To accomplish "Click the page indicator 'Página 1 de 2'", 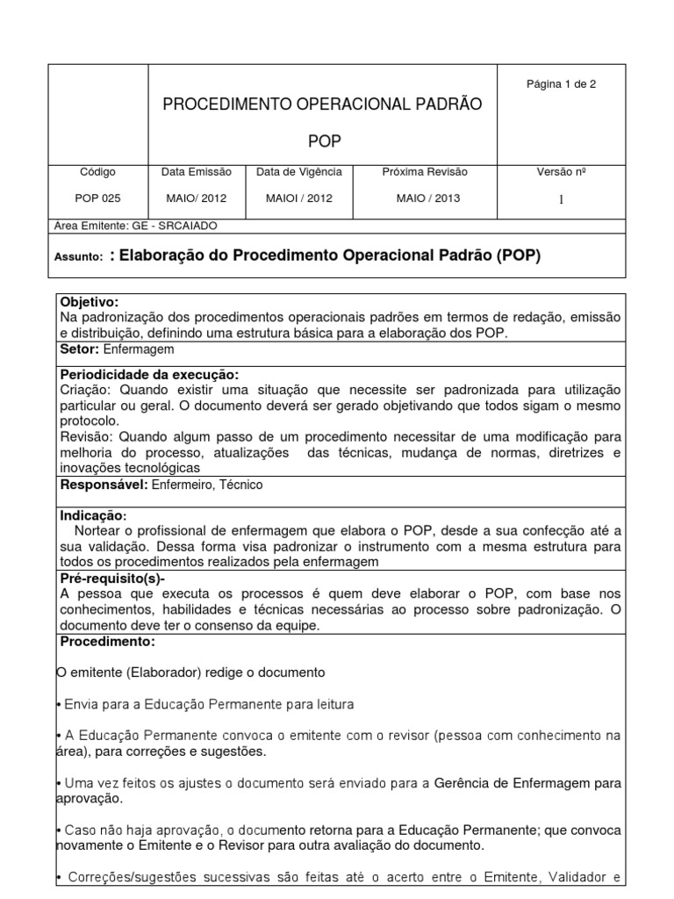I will [x=561, y=84].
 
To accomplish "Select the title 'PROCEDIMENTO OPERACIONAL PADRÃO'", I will [x=322, y=104].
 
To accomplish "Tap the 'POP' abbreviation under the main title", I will [x=324, y=141].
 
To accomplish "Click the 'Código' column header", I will [x=97, y=172].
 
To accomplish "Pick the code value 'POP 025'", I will [x=97, y=198].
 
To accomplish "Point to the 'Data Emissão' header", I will [x=197, y=172].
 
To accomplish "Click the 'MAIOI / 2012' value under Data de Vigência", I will [x=299, y=198].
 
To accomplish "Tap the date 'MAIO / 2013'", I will [x=427, y=198].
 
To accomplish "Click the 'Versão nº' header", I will [x=561, y=172].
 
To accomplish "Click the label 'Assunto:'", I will [x=79, y=258].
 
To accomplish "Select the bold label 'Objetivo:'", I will [x=89, y=302].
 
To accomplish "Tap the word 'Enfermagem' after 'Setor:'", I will [x=139, y=349].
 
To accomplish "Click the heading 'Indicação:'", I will [x=93, y=515].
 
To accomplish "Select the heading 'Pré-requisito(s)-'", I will [x=112, y=579].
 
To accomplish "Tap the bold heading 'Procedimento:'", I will [x=106, y=642].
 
